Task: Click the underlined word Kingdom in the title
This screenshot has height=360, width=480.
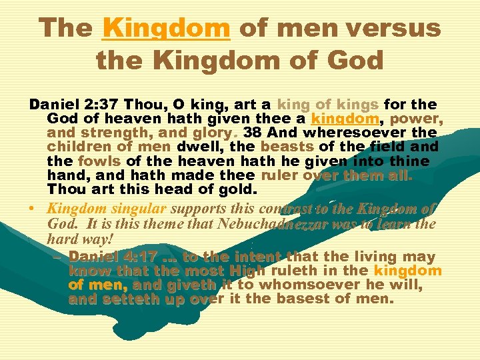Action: tap(166, 28)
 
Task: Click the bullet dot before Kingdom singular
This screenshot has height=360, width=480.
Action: tap(32, 209)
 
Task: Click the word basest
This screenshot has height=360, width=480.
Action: tap(309, 299)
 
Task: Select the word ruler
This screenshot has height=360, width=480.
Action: tap(279, 175)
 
